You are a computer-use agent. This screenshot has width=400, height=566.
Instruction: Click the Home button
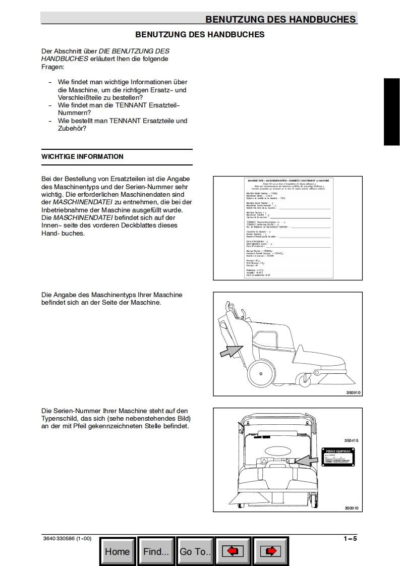click(x=118, y=551)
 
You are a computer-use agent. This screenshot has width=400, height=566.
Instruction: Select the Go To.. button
click(x=195, y=551)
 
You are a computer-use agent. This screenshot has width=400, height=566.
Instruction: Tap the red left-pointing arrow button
click(x=233, y=551)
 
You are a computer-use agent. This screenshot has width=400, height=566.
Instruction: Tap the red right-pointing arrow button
click(x=271, y=551)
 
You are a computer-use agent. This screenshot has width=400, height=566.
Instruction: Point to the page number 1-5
click(x=350, y=538)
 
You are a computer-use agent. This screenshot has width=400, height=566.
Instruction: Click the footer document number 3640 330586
click(x=67, y=538)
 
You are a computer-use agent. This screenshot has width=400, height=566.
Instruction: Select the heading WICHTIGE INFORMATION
click(x=82, y=156)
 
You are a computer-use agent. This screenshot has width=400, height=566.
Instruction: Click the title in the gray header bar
click(x=280, y=20)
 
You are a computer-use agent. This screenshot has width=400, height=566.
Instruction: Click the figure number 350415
click(x=351, y=440)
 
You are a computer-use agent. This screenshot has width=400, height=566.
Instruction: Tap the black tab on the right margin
click(x=391, y=112)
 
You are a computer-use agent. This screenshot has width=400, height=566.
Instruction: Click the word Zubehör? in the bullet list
click(x=72, y=128)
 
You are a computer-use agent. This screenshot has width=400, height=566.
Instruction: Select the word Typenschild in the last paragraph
click(x=59, y=419)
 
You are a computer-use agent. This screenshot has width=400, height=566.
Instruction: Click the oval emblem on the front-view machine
click(x=277, y=450)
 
